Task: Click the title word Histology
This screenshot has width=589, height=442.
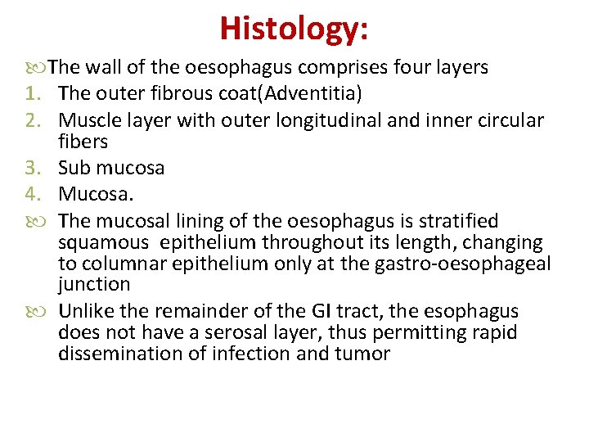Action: point(294,29)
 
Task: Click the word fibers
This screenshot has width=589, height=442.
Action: point(83,142)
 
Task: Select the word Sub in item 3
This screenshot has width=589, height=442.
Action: point(74,169)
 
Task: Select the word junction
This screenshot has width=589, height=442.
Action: point(95,285)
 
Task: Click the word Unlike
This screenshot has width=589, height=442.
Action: point(88,312)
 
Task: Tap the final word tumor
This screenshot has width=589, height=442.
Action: point(367,354)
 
